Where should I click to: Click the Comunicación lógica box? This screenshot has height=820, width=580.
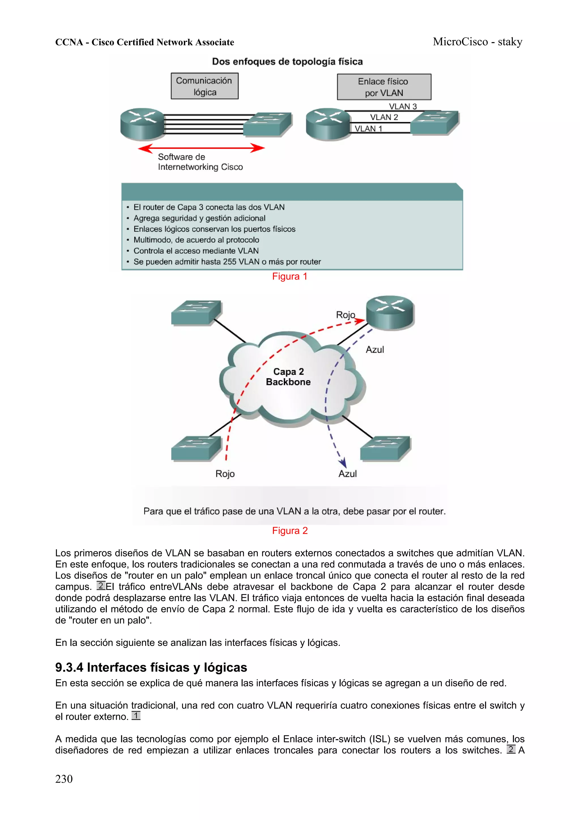[x=204, y=86]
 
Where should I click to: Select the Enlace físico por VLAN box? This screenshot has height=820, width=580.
[x=384, y=87]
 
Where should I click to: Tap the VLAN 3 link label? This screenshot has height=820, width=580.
[x=403, y=106]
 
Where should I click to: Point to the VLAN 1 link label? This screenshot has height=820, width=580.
[x=368, y=129]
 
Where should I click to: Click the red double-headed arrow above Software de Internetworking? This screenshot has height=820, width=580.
[x=201, y=148]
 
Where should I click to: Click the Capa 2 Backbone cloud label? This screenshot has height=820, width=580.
[x=288, y=377]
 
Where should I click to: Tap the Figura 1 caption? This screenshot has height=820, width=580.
[x=289, y=277]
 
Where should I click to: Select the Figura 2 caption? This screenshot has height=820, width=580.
[x=289, y=531]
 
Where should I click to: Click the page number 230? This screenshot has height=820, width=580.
[x=64, y=779]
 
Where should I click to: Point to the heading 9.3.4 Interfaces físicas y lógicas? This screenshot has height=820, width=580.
[x=151, y=667]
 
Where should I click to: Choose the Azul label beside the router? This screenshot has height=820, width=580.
[x=374, y=350]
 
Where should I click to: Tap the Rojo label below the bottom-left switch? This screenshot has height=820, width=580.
[x=225, y=474]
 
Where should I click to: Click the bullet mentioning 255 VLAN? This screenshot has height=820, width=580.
[x=227, y=262]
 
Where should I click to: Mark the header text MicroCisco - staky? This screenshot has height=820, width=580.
[x=477, y=42]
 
